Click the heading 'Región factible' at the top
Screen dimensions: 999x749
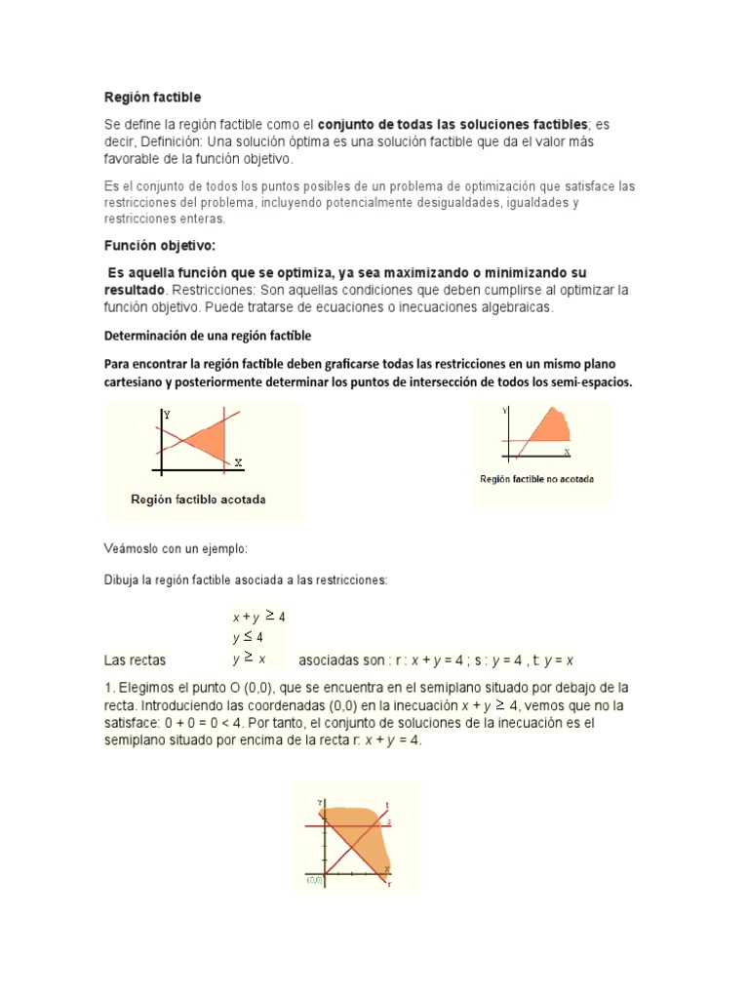click(152, 98)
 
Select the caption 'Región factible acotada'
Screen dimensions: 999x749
click(199, 499)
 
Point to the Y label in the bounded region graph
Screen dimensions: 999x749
click(167, 416)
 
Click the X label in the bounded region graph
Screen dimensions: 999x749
click(238, 461)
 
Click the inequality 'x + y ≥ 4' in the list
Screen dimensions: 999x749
click(258, 617)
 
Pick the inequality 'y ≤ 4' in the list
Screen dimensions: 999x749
click(248, 637)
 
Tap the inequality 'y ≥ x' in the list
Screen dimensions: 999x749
click(249, 659)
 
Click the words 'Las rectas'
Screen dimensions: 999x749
click(135, 659)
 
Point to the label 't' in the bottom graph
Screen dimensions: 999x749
click(387, 805)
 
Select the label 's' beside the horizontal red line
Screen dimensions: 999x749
click(388, 823)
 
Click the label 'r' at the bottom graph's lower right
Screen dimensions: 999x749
click(389, 883)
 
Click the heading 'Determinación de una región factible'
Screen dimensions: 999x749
click(208, 336)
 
